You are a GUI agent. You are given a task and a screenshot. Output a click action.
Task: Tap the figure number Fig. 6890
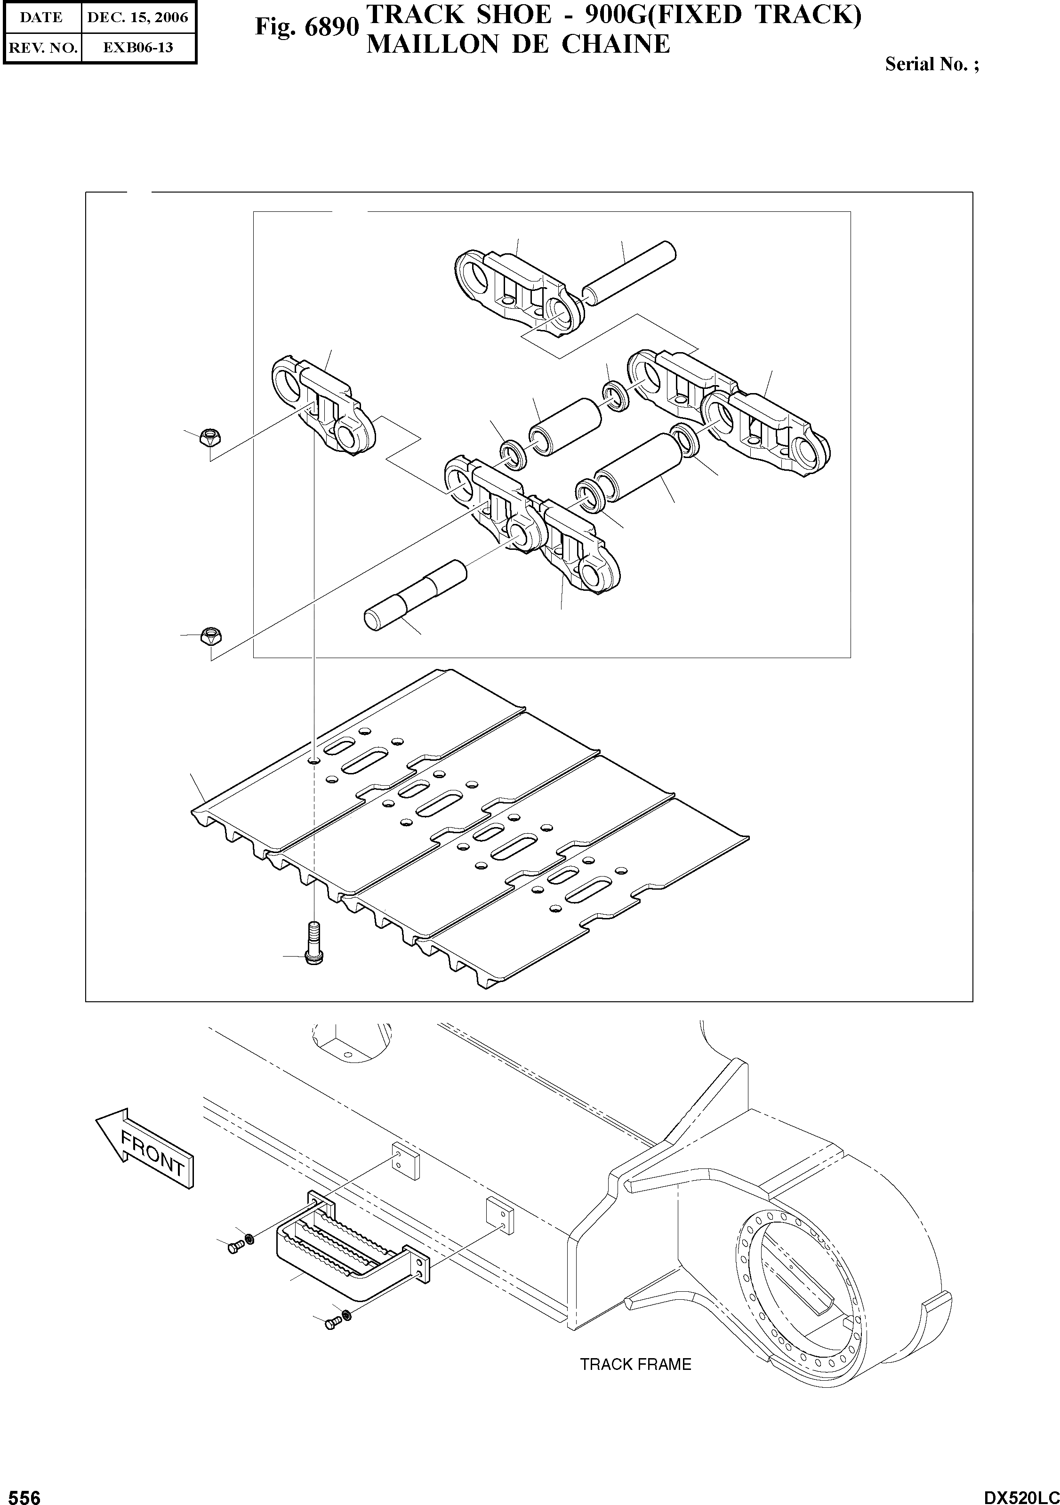[x=307, y=27]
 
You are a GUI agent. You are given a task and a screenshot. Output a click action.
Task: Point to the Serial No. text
[x=932, y=64]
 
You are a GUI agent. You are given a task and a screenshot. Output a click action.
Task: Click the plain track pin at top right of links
[x=628, y=274]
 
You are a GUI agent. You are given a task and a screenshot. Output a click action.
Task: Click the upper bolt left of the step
[x=235, y=1249]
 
